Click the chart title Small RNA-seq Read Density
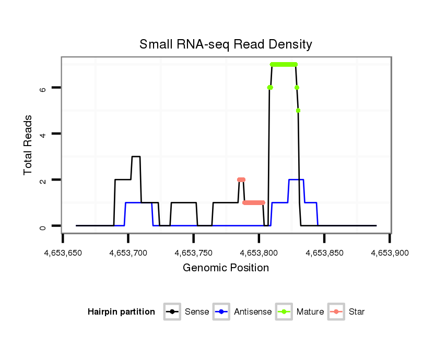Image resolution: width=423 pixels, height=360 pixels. coord(226,44)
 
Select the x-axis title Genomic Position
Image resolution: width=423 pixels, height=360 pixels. coord(226,268)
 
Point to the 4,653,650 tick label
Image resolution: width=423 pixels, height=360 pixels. coord(63,253)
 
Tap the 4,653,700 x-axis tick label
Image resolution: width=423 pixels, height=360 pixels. coord(128,253)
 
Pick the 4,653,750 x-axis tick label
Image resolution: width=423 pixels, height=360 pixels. coord(194,253)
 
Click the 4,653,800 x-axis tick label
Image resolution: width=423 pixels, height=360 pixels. coord(259,253)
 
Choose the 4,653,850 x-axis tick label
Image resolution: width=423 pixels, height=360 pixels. coord(324,253)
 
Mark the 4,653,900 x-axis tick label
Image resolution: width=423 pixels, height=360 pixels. coord(390,253)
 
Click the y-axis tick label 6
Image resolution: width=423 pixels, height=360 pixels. coord(43,88)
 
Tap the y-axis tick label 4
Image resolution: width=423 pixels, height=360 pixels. coord(43,134)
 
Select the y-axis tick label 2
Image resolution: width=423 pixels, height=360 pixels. coord(43,180)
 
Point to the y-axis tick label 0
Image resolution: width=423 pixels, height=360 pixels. coord(43,226)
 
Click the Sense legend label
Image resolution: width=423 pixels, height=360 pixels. coord(197,312)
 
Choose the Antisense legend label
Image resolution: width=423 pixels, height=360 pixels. coord(253,312)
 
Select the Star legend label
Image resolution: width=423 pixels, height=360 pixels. coord(357,312)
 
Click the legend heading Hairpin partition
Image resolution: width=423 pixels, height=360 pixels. coord(121,312)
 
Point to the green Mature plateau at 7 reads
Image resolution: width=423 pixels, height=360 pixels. coord(284,64)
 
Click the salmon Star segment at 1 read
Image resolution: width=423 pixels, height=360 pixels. coord(254,202)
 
